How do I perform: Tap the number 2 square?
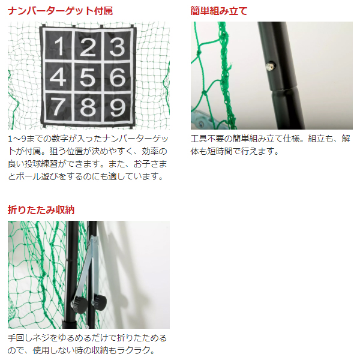88,47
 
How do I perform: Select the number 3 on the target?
117,47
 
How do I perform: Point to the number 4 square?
58,76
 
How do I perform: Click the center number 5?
88,77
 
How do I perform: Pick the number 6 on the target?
118,77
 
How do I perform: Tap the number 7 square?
58,106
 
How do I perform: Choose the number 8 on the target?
88,107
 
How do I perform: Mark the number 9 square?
118,107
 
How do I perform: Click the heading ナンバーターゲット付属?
60,11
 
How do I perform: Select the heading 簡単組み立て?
219,11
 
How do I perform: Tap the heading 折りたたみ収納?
41,210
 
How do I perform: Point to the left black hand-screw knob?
79,304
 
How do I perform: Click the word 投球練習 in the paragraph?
41,164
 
